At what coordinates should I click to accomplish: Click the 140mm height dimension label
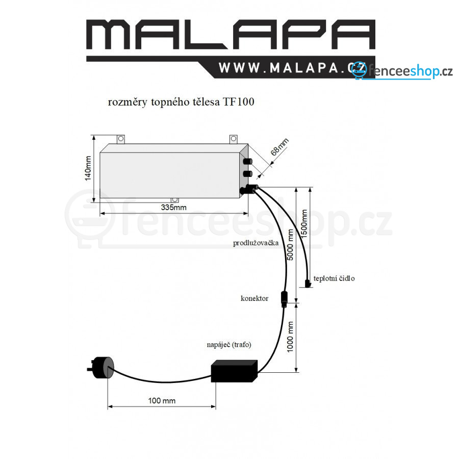pyautogui.click(x=88, y=168)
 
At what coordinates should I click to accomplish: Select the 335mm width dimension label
pyautogui.click(x=173, y=208)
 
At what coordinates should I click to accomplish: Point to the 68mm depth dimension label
pyautogui.click(x=279, y=147)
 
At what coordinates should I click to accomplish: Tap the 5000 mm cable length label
pyautogui.click(x=290, y=245)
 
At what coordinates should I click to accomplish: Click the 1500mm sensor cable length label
pyautogui.click(x=304, y=224)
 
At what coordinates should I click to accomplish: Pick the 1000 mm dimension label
pyautogui.click(x=290, y=337)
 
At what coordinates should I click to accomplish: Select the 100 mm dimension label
pyautogui.click(x=162, y=401)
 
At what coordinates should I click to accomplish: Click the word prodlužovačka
pyautogui.click(x=256, y=243)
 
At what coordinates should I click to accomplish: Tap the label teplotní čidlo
pyautogui.click(x=334, y=278)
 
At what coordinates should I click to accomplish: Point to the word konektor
pyautogui.click(x=254, y=298)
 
